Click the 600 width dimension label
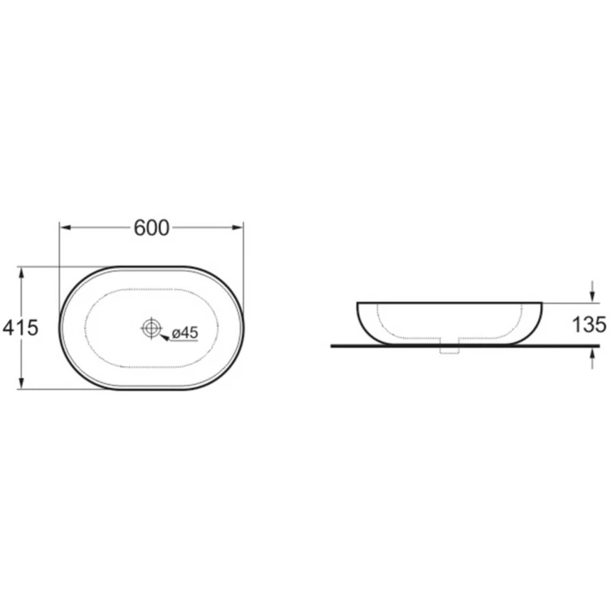[151, 228]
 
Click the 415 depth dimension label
[21, 328]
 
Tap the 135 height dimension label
[589, 325]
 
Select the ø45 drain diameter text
[185, 332]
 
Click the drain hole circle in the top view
[151, 328]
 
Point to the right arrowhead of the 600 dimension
[237, 227]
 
